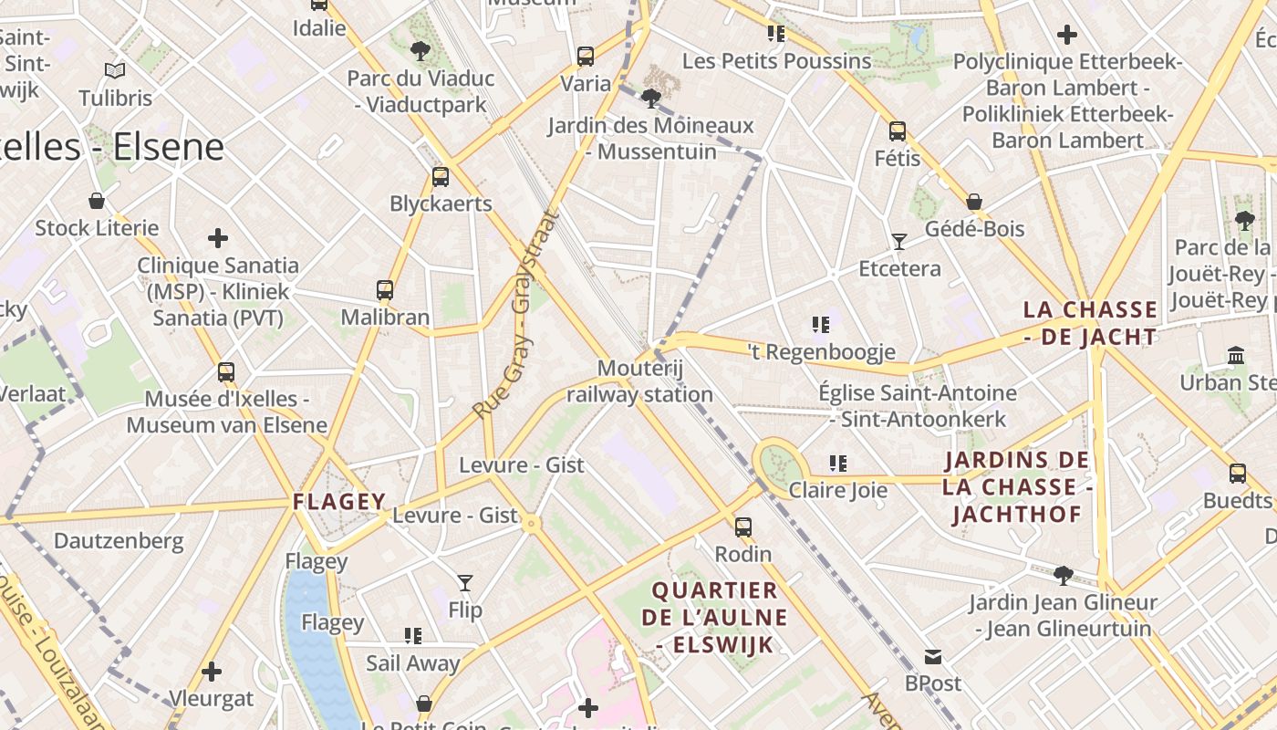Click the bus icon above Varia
pyautogui.click(x=586, y=57)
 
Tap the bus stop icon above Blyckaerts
pyautogui.click(x=441, y=177)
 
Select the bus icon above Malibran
pyautogui.click(x=385, y=290)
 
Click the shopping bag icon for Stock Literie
pyautogui.click(x=97, y=201)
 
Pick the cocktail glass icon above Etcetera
pyautogui.click(x=899, y=242)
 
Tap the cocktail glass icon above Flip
pyautogui.click(x=465, y=582)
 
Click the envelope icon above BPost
pyautogui.click(x=933, y=656)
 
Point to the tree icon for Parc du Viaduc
pyautogui.click(x=420, y=51)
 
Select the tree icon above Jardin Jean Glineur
pyautogui.click(x=1063, y=575)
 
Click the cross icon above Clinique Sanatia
pyautogui.click(x=218, y=238)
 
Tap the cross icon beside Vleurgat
pyautogui.click(x=212, y=673)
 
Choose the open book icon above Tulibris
pyautogui.click(x=115, y=70)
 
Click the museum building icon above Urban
pyautogui.click(x=1236, y=355)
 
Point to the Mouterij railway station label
pyautogui.click(x=639, y=381)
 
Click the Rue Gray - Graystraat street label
pyautogui.click(x=516, y=315)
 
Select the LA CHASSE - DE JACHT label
pyautogui.click(x=1090, y=323)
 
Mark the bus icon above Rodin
pyautogui.click(x=743, y=527)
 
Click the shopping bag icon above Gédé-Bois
pyautogui.click(x=974, y=202)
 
